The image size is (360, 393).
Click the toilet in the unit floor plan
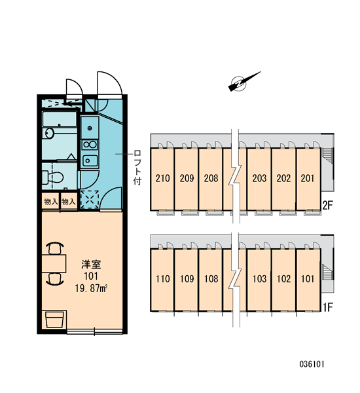[x=52, y=178]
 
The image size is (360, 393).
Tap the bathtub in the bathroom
[x=60, y=119]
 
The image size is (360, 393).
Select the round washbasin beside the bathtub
[x=49, y=133]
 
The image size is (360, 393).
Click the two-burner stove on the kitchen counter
[x=90, y=145]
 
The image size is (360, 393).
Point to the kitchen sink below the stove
[x=90, y=160]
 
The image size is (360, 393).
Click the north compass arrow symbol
[x=243, y=82]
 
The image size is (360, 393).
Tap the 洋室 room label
[x=91, y=265]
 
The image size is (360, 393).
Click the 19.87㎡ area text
[x=91, y=288]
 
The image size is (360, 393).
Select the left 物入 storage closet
[x=51, y=201]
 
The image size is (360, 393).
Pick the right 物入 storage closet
[x=68, y=201]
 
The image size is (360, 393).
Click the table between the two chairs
[x=54, y=263]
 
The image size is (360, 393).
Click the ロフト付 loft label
[x=137, y=168]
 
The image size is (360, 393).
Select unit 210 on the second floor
[x=162, y=179]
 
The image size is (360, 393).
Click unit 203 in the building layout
[x=259, y=179]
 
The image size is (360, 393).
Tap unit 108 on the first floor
[x=211, y=279]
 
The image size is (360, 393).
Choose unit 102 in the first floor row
[x=283, y=279]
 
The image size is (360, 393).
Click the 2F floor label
[x=327, y=206]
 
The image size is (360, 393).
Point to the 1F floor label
[x=327, y=307]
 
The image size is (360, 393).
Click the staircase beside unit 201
[x=327, y=155]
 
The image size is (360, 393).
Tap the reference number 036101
[x=312, y=364]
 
